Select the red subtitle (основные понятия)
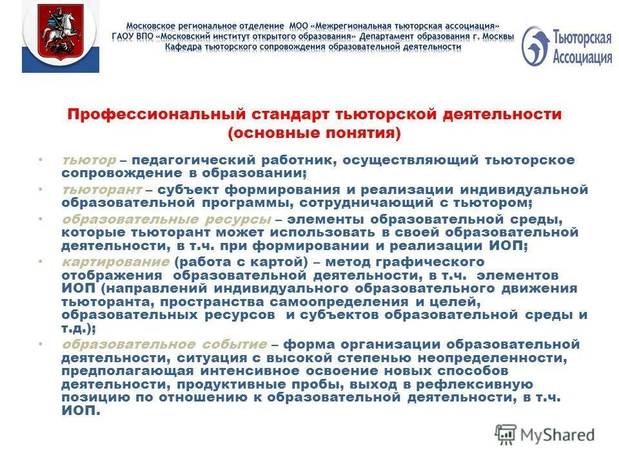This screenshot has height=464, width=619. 315,133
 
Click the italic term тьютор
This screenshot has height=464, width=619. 89,159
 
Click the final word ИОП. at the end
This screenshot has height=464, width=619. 81,411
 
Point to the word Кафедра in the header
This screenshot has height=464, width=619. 182,47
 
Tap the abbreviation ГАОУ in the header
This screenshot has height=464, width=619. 125,37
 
